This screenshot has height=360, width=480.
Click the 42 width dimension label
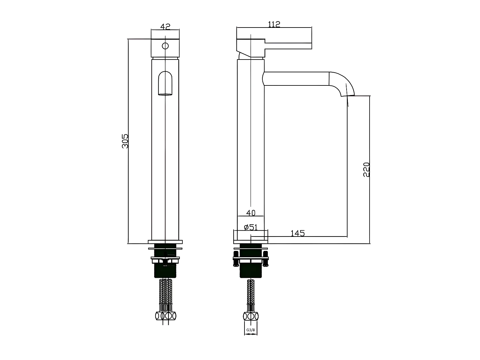point(165,27)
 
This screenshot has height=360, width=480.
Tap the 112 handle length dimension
point(274,24)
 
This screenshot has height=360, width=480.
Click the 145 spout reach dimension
point(298,233)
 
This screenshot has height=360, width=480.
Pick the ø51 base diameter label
point(251,227)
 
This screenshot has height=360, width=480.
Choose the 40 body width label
point(251,213)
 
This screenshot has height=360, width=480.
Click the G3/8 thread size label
point(251,330)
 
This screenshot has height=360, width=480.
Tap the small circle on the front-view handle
point(165,46)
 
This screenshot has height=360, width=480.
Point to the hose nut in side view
point(251,316)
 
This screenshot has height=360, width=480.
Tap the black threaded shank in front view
point(165,270)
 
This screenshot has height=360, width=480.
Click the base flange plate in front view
point(165,242)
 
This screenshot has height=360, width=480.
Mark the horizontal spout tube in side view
point(296,79)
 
